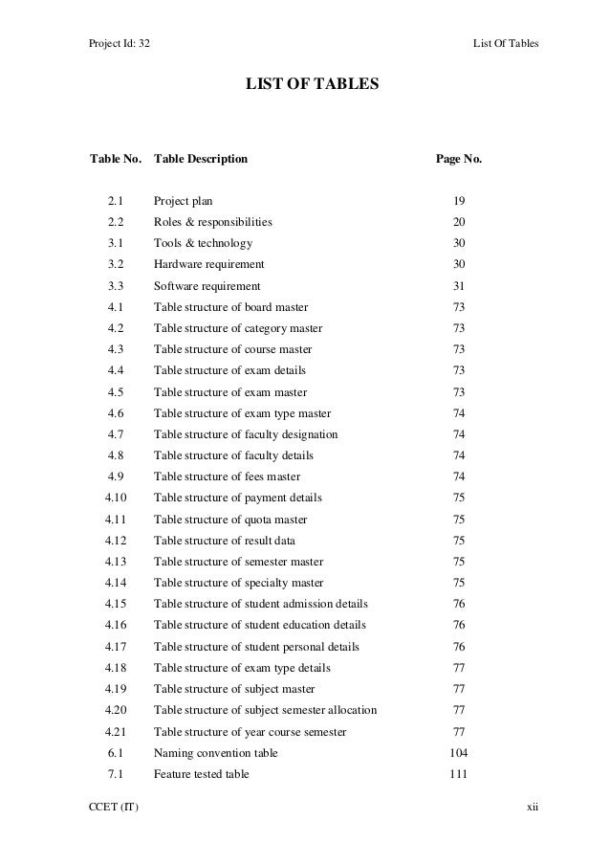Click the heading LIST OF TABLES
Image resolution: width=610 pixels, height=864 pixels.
[x=313, y=86]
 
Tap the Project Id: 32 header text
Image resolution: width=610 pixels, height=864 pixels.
[x=120, y=44]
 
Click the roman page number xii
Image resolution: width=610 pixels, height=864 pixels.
[x=533, y=809]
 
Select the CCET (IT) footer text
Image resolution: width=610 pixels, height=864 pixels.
[x=114, y=809]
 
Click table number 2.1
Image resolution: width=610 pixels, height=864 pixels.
[x=116, y=201]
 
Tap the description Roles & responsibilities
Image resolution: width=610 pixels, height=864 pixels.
[x=212, y=222]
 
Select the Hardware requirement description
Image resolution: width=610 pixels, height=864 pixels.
[x=209, y=264]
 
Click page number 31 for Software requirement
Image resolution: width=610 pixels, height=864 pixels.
[x=459, y=286]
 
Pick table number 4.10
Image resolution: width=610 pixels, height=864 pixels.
[x=116, y=498]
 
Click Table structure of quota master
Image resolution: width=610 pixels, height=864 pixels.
[x=230, y=520]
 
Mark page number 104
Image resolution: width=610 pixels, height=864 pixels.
[x=459, y=753]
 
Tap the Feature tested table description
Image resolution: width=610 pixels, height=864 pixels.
[x=202, y=774]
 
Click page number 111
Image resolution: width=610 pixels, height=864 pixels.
[x=459, y=774]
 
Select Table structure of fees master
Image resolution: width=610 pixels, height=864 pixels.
[x=227, y=476]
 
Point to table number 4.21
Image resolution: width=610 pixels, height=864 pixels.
[x=116, y=732]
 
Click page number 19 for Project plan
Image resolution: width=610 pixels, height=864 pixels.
[x=459, y=201]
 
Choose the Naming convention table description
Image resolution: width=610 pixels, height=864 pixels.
[x=216, y=753]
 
